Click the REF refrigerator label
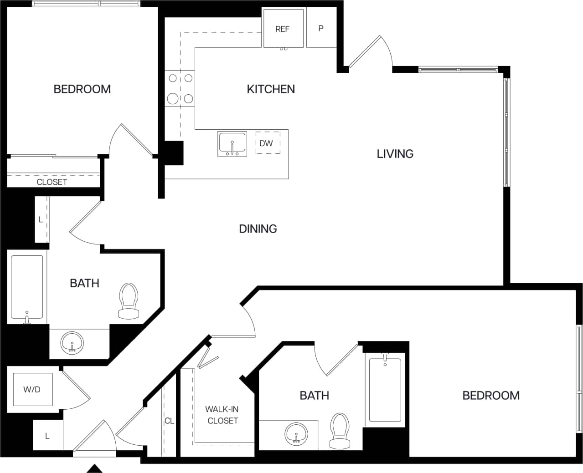282,29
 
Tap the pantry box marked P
321,28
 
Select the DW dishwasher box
267,143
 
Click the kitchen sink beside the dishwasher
232,143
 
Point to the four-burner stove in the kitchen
180,88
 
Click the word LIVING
395,154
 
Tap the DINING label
258,229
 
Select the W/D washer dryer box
32,390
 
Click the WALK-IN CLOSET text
222,415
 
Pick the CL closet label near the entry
169,421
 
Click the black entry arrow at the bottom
94,468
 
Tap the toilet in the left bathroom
128,301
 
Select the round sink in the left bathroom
72,342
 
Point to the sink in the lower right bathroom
297,434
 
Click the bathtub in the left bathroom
27,287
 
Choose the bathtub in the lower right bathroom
385,390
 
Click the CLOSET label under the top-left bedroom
52,182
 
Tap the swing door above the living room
369,52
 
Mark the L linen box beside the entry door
47,436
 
